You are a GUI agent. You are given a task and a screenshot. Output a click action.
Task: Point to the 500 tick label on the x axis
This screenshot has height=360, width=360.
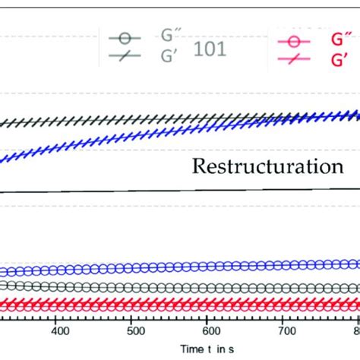[x=133, y=332]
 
